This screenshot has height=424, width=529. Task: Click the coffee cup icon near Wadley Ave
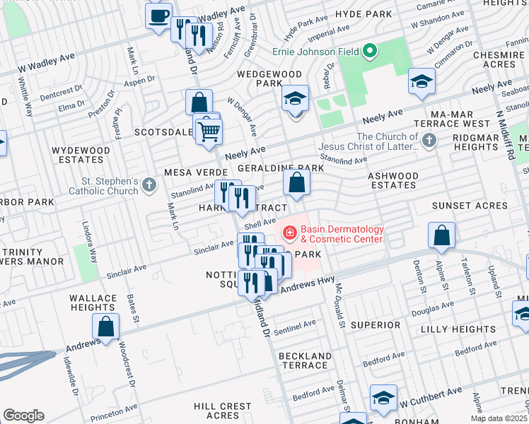(159, 15)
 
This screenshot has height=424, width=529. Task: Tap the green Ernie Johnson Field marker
(368, 51)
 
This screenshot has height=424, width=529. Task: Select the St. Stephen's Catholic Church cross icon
(149, 185)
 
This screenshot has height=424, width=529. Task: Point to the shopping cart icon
(209, 131)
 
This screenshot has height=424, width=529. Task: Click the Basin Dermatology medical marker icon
(289, 232)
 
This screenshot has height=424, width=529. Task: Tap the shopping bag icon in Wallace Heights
(106, 326)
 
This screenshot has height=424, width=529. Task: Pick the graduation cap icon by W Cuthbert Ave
(383, 399)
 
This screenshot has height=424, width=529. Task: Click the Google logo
(23, 416)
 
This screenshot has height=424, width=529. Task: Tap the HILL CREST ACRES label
(223, 411)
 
